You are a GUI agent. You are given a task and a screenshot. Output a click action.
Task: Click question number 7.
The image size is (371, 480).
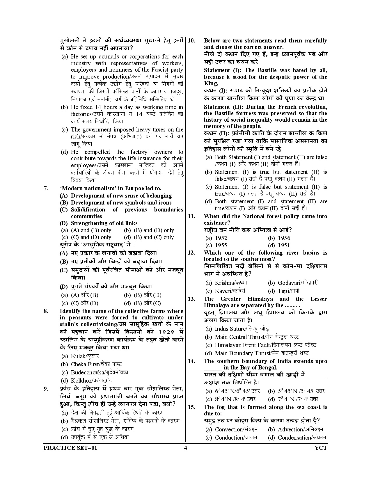coord(45,189)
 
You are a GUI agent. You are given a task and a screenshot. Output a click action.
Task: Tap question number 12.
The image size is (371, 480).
coord(191,253)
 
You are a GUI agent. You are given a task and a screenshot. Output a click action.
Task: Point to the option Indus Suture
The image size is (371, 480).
coord(237,329)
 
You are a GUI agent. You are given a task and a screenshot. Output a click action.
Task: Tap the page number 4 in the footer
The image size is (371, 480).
coord(185,448)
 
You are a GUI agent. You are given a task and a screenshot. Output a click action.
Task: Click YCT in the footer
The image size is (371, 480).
coord(321,448)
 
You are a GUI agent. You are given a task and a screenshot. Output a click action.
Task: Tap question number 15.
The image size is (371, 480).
coord(191,407)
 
